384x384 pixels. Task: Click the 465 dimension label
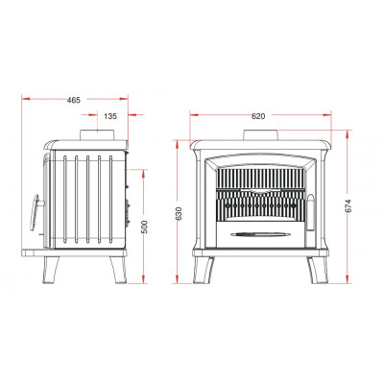74,100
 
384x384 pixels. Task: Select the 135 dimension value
110,116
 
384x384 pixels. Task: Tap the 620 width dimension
258,116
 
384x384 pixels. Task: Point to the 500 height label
145,227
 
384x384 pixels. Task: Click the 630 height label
179,213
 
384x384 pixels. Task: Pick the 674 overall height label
348,205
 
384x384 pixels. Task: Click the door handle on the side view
36,212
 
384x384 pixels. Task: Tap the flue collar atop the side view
97,134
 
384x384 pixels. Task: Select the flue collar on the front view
260,135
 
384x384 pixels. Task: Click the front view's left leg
203,270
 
